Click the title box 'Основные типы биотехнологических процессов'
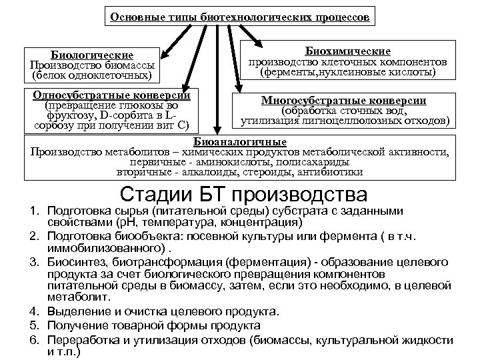239,17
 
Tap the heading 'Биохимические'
348,51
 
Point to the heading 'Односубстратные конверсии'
111,95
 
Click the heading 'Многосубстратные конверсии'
344,100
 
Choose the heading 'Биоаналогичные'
240,142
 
